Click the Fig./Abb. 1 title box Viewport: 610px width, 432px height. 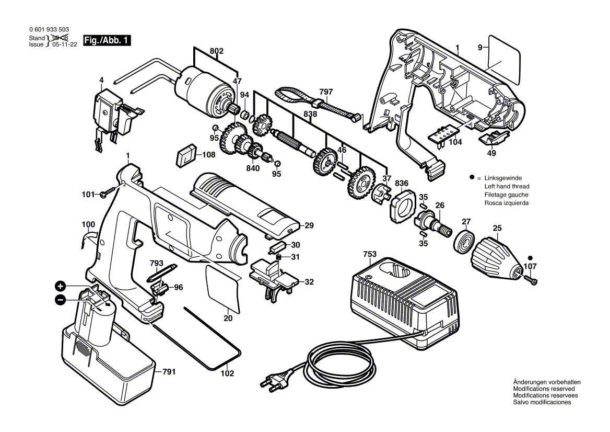tap(107, 40)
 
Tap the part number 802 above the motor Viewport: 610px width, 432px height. tap(216, 51)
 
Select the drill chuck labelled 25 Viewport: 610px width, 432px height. tap(496, 259)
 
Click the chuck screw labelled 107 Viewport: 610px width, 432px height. tap(530, 279)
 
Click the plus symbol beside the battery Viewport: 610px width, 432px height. tap(60, 287)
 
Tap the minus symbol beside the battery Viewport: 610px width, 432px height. tap(60, 300)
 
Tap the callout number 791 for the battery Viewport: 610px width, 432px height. tap(169, 372)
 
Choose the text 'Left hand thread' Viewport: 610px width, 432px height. tap(507, 187)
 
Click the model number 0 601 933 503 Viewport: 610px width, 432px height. tap(49, 30)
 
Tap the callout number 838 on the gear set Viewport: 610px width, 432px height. tap(310, 114)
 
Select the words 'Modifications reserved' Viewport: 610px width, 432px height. tap(544, 389)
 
